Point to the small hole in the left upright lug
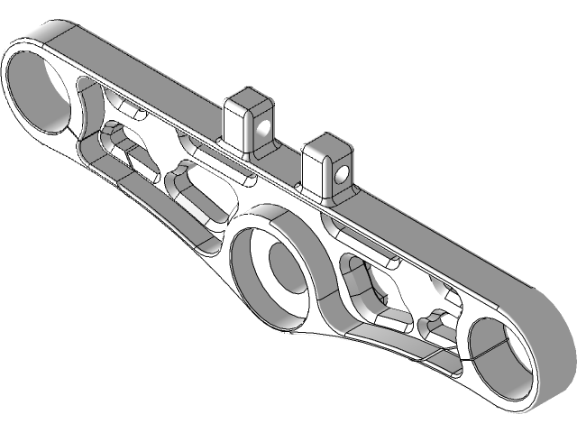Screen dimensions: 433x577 pos(262,127)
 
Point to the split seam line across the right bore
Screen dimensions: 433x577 pos(496,346)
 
